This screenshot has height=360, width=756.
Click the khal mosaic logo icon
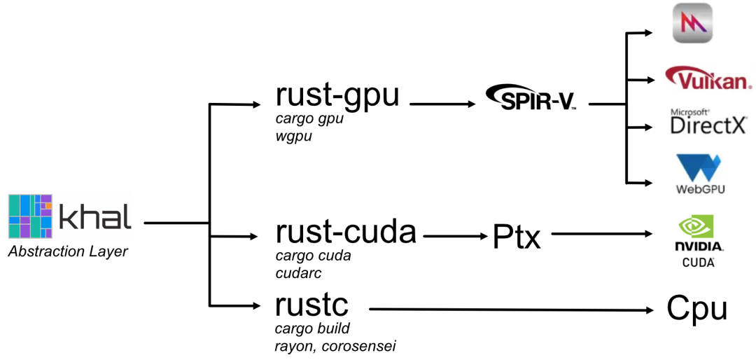click(x=30, y=217)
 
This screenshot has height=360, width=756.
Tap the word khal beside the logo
click(x=94, y=219)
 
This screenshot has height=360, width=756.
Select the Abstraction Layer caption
click(x=68, y=251)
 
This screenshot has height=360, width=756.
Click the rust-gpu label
click(x=337, y=95)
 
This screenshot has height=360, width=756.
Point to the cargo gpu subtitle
click(x=309, y=119)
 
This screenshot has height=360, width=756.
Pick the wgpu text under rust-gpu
click(x=293, y=137)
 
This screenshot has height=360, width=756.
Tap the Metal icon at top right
click(x=692, y=23)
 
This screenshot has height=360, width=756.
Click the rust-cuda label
click(x=346, y=231)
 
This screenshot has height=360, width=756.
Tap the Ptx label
click(x=517, y=237)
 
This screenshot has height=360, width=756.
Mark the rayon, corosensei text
click(x=335, y=346)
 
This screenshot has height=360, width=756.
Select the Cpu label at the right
click(x=696, y=307)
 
